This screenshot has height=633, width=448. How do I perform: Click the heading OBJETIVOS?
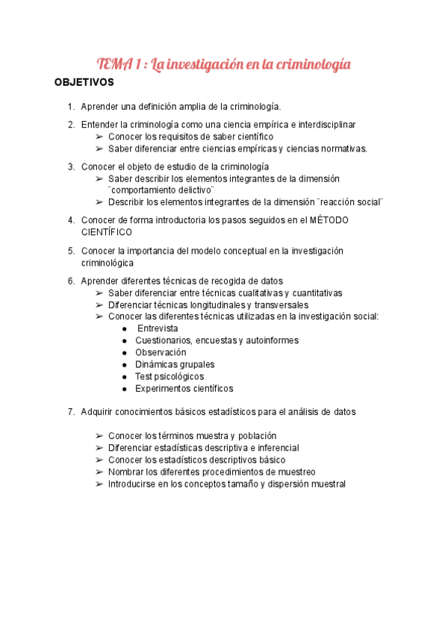coord(84,82)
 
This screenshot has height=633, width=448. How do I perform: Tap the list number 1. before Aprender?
coord(71,107)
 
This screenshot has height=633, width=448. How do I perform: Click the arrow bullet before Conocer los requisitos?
coord(100,137)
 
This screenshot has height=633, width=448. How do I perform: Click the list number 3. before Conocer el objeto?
coord(71,166)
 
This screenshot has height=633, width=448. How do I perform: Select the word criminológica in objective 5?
coord(108,263)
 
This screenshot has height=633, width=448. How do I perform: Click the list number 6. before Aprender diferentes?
coord(71,281)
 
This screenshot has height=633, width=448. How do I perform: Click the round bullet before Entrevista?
coord(124,328)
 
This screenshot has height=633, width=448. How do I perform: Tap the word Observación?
coord(161,352)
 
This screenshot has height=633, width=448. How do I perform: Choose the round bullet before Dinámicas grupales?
coord(124,365)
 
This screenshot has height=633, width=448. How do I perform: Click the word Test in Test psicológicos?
coord(143,377)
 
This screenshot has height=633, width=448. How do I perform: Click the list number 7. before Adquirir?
coord(71,411)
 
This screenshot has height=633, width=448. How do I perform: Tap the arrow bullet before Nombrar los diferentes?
coord(100,472)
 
